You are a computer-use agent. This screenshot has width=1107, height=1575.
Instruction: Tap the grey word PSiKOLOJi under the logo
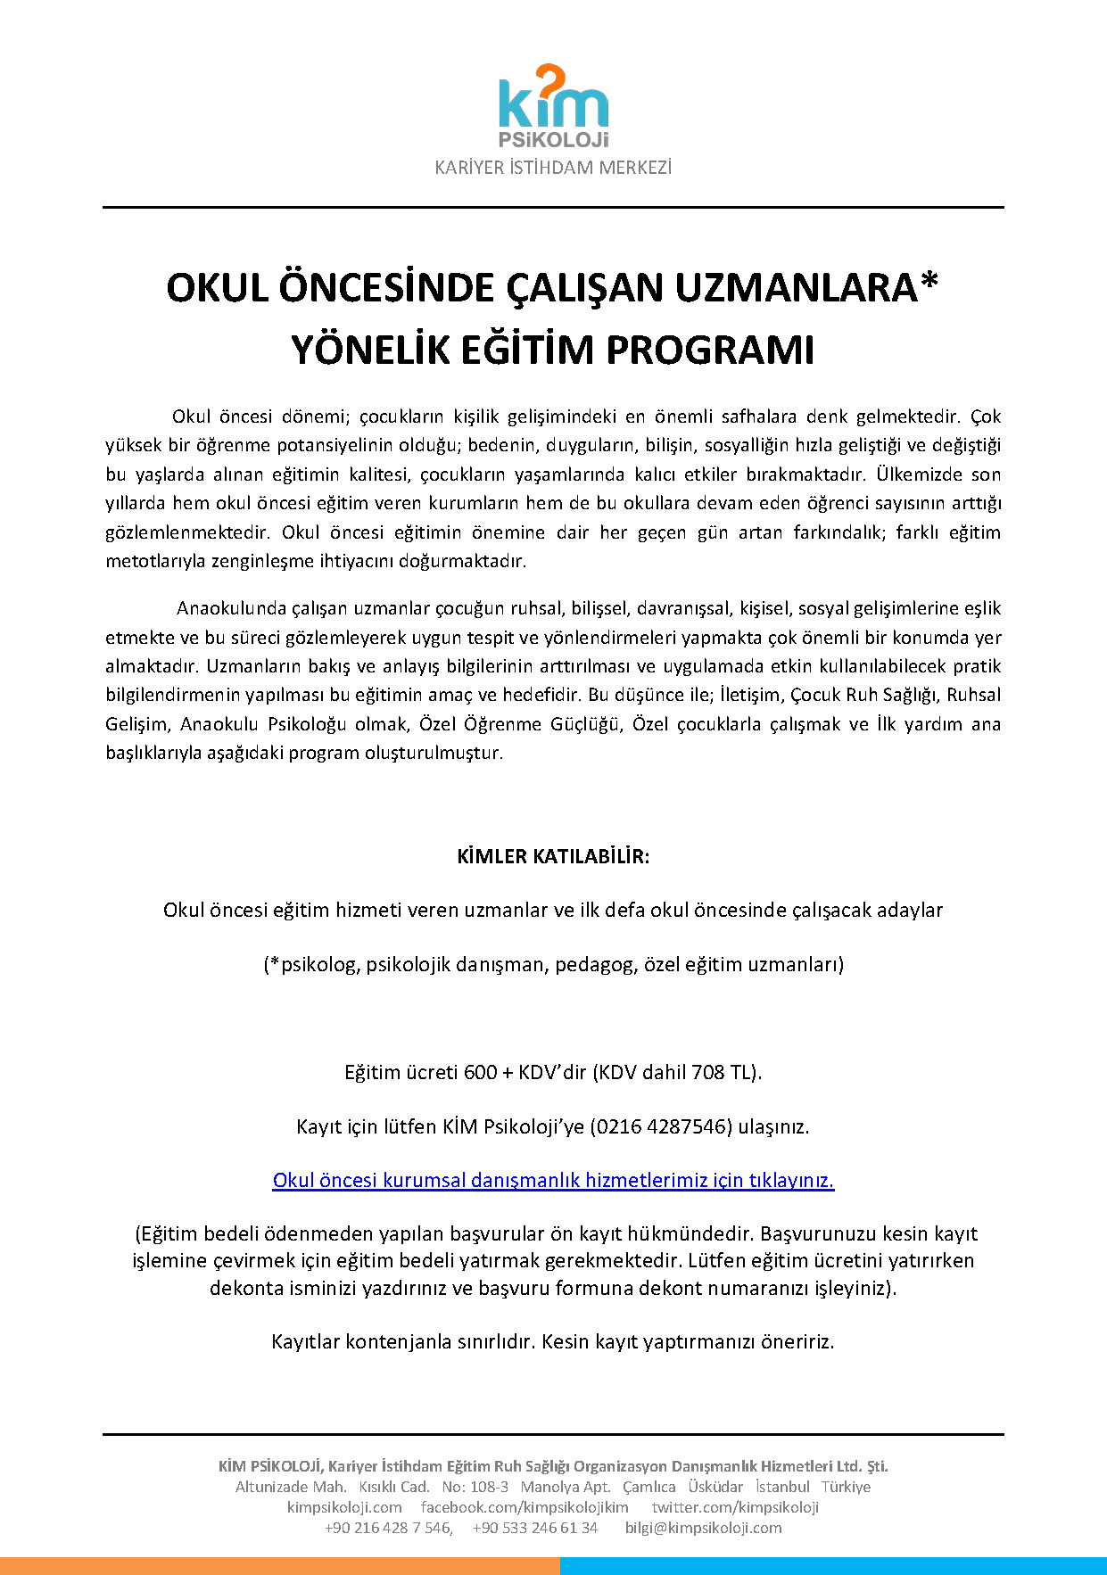553,140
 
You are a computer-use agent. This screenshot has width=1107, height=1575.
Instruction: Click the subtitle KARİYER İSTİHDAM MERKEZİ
553,168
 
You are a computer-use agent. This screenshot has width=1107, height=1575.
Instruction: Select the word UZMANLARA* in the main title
806,288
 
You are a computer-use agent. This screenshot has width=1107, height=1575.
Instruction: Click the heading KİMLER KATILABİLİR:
553,857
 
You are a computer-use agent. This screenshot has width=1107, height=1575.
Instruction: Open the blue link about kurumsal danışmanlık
553,1181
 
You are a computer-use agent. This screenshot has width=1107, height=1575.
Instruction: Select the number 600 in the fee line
480,1072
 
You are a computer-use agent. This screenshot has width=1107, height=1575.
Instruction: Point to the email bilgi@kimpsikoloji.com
703,1528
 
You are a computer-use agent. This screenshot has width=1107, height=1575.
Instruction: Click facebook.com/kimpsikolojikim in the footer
525,1507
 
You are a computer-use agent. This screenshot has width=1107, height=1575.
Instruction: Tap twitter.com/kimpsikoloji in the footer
735,1507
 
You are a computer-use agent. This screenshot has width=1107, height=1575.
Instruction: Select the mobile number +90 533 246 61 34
535,1528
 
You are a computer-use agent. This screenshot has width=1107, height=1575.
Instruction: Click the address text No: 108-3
475,1487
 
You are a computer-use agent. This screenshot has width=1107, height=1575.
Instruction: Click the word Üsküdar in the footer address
715,1487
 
